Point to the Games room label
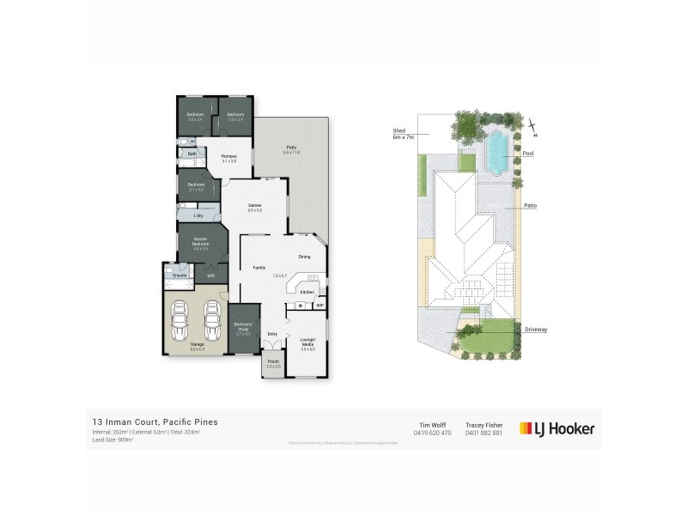[254, 205]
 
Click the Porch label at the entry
[274, 361]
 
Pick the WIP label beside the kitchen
[319, 306]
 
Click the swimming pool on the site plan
[496, 151]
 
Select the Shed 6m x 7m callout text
[404, 133]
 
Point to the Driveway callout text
[537, 329]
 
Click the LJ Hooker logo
[556, 428]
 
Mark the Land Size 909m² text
[115, 441]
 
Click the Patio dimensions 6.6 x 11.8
[291, 153]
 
